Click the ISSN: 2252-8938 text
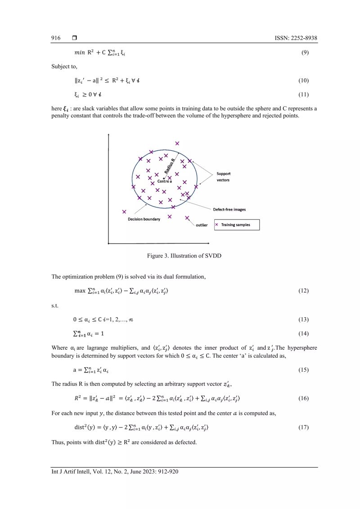pyautogui.click(x=296, y=39)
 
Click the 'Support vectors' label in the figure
pyautogui.click(x=223, y=176)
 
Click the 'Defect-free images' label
pyautogui.click(x=229, y=209)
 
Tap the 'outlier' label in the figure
pyautogui.click(x=202, y=225)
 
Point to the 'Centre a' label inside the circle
pyautogui.click(x=164, y=181)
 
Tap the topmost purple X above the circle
pyautogui.click(x=177, y=143)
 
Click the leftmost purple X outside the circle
pyautogui.click(x=124, y=211)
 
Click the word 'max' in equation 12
pyautogui.click(x=80, y=291)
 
